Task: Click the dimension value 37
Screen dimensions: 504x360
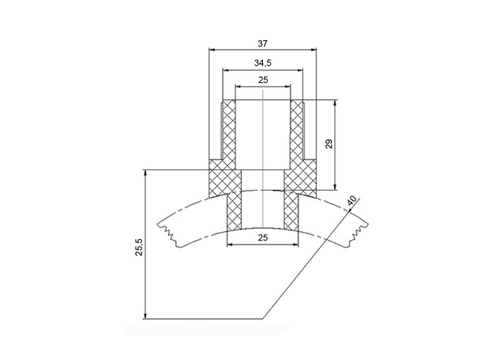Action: [262, 44]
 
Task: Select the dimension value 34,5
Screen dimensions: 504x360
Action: [263, 63]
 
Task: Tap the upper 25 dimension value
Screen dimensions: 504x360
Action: [263, 80]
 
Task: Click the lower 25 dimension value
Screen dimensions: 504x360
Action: [263, 238]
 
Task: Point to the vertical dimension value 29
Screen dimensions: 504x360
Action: [329, 144]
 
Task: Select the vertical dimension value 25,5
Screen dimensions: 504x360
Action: [139, 247]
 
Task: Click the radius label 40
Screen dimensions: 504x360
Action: [351, 201]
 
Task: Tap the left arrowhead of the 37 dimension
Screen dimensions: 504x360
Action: [212, 50]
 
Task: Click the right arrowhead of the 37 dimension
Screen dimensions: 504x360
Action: [314, 50]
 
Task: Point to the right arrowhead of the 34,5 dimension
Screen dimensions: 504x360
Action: [300, 69]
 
